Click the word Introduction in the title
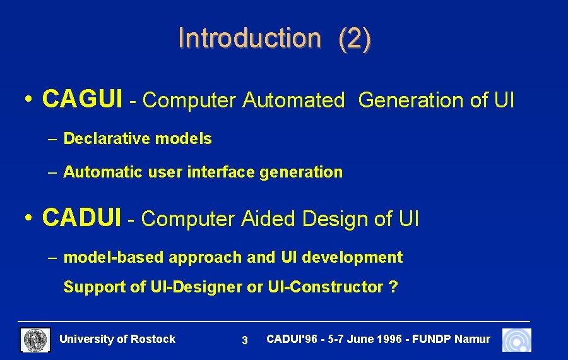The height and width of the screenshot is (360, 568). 249,38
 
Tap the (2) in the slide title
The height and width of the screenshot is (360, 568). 355,39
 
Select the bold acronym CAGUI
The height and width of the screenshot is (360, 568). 82,99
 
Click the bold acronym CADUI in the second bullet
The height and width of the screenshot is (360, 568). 81,218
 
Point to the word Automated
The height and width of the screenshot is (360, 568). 293,100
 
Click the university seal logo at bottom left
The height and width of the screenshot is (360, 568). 35,340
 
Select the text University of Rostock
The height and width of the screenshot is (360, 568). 117,339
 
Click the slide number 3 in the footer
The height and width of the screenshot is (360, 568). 245,340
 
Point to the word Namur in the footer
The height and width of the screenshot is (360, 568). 472,339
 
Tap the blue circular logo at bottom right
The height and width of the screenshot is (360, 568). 516,340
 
